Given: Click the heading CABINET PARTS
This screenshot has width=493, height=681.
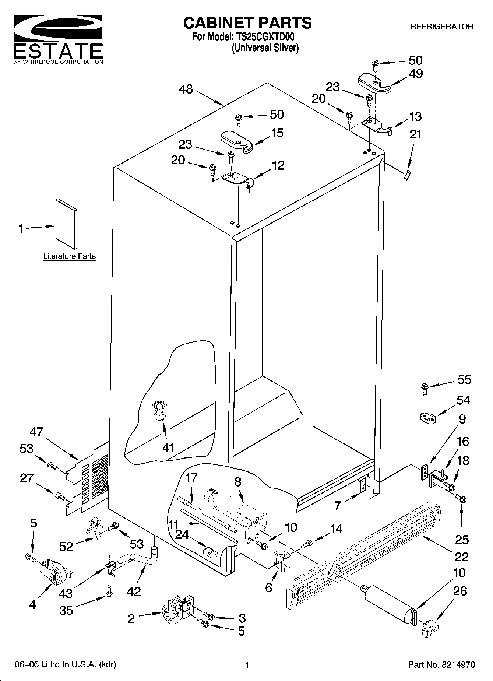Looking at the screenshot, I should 247,23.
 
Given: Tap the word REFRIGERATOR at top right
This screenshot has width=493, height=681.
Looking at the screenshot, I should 441,27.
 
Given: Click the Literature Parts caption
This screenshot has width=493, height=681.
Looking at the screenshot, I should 69,256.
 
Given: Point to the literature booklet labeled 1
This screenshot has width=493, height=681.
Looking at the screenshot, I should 67,224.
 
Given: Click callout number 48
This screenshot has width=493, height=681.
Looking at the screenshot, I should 186,89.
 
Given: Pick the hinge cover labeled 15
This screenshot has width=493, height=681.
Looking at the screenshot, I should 237,140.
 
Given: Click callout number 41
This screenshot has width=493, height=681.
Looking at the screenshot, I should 168,448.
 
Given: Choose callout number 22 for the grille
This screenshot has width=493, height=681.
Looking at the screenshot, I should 461,557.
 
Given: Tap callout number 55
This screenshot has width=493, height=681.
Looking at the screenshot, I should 464,379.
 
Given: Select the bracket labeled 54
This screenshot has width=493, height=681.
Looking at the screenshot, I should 427,418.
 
